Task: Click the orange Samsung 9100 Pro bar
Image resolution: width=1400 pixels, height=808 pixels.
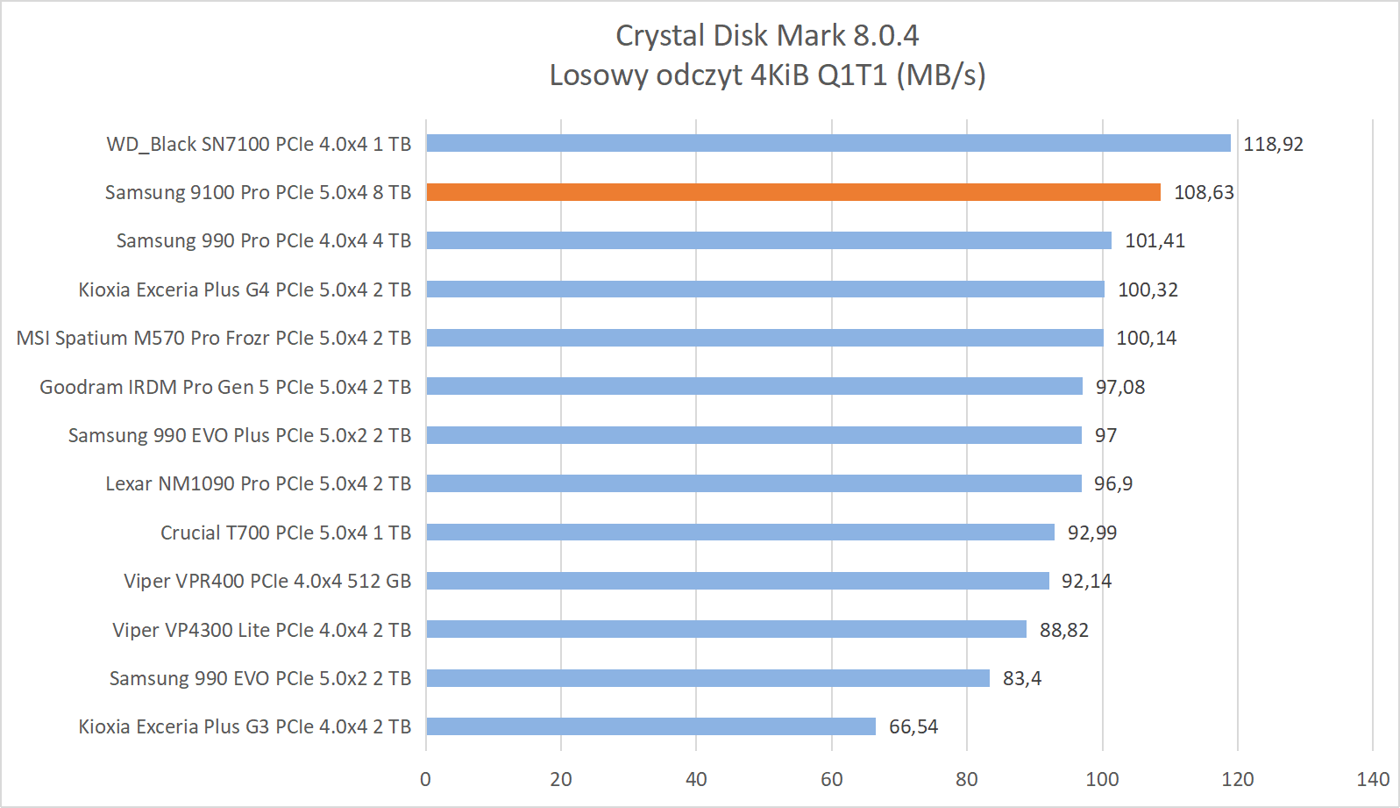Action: (x=793, y=192)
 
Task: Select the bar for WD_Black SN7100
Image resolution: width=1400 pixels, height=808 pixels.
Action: (x=828, y=143)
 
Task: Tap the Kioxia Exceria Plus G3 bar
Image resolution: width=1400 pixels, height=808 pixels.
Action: (x=650, y=726)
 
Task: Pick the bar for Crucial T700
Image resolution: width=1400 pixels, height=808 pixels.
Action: (x=740, y=533)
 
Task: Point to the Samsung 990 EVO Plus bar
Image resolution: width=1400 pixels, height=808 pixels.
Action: (x=754, y=435)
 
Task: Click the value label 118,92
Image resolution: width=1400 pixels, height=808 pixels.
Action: (x=1273, y=144)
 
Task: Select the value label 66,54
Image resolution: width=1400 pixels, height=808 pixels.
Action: (x=913, y=727)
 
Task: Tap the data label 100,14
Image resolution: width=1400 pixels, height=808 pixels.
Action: (x=1146, y=339)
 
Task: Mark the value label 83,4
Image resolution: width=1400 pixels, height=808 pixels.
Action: (x=1021, y=678)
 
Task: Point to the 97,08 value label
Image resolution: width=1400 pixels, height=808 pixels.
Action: (x=1119, y=387)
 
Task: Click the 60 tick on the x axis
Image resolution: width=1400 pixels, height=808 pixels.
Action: (x=831, y=779)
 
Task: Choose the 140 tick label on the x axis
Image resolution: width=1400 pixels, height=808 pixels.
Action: (x=1372, y=779)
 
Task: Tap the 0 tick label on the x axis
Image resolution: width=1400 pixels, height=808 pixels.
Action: (x=426, y=779)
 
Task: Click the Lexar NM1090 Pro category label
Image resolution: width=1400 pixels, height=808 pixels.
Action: (x=258, y=484)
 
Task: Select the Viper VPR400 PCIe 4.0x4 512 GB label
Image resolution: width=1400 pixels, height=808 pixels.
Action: (x=267, y=581)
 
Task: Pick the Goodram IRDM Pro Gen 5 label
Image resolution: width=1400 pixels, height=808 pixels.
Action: (x=225, y=387)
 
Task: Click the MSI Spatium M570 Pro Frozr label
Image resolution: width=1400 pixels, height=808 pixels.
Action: (x=213, y=339)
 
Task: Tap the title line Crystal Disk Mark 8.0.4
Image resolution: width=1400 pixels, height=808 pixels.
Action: (x=767, y=35)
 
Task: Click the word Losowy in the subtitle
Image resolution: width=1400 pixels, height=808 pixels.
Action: (x=599, y=75)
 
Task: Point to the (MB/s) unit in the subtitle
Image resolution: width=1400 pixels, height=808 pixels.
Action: (x=941, y=75)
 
